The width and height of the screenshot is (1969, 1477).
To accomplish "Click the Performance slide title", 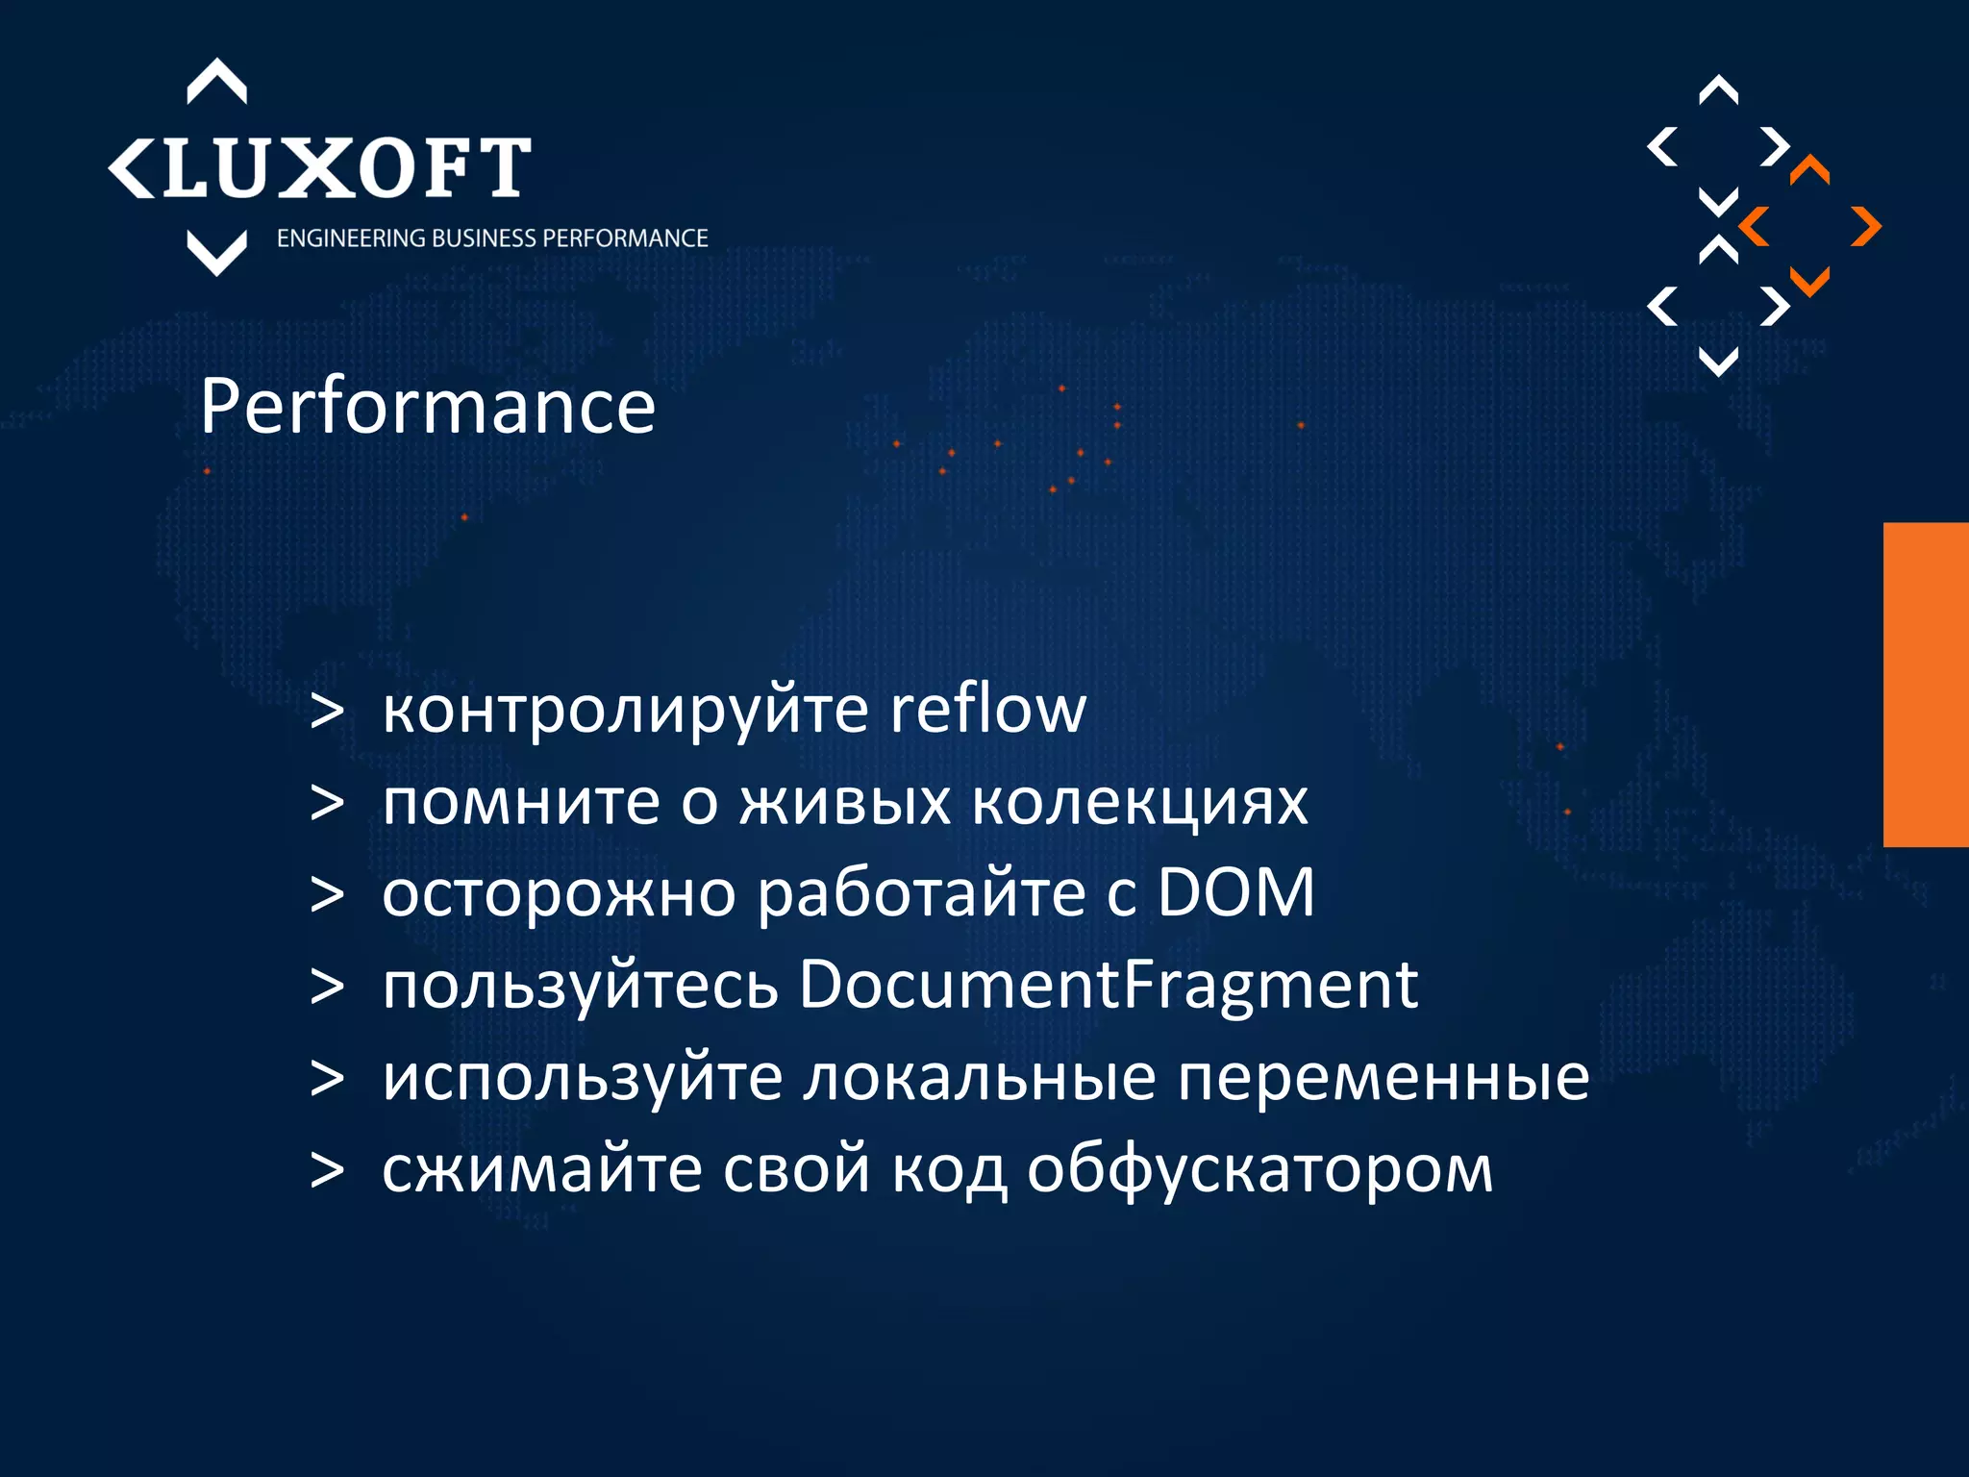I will click(x=428, y=408).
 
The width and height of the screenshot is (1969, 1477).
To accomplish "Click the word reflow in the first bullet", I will click(x=987, y=710).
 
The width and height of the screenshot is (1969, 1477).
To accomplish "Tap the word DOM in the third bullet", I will click(x=1234, y=893).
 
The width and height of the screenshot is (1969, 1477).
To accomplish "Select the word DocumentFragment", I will click(x=1108, y=986).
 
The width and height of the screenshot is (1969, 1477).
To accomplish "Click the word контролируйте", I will click(x=626, y=712).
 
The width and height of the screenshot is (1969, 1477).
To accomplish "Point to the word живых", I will click(x=845, y=802).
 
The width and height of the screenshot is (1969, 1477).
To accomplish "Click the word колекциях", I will click(x=1139, y=802).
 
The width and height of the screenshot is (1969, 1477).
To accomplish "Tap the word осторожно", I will click(x=559, y=893).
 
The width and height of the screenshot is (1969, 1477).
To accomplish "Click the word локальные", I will click(x=980, y=1078).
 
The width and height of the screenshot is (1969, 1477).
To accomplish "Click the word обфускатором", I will click(x=1259, y=1171).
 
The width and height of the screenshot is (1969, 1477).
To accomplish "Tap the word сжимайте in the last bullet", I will click(x=542, y=1169).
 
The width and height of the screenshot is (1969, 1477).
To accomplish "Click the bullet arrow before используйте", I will click(x=327, y=1079).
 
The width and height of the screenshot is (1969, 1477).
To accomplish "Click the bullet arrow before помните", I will click(x=327, y=803).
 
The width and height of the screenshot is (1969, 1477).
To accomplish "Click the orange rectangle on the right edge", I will click(x=1926, y=685).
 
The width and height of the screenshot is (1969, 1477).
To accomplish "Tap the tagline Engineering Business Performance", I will click(x=492, y=238).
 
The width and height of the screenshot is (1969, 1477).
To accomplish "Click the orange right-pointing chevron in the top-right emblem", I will click(x=1865, y=227).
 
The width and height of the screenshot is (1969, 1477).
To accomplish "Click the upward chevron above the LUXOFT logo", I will click(x=216, y=82).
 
